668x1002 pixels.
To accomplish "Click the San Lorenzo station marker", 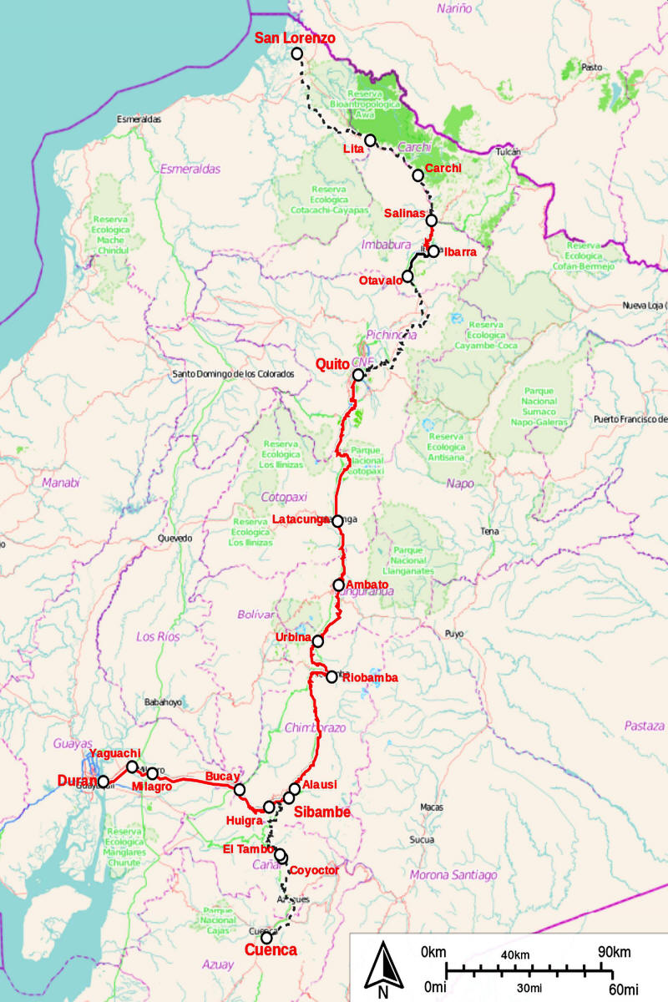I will pyautogui.click(x=297, y=53).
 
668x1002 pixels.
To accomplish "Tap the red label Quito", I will pyautogui.click(x=333, y=364).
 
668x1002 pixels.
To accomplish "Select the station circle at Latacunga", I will pyautogui.click(x=337, y=521).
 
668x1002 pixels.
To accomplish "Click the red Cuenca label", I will pyautogui.click(x=270, y=950).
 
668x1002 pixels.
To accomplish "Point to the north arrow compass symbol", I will pyautogui.click(x=382, y=969).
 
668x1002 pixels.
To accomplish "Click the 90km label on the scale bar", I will pyautogui.click(x=615, y=953).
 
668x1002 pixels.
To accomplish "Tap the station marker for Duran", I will pyautogui.click(x=104, y=782).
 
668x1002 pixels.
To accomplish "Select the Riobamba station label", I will pyautogui.click(x=369, y=678).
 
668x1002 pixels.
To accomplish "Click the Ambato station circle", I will pyautogui.click(x=338, y=584).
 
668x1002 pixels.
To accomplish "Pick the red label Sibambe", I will pyautogui.click(x=324, y=812).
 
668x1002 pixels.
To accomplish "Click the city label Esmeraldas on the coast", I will pyautogui.click(x=139, y=119).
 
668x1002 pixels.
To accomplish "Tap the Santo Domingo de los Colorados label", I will pyautogui.click(x=233, y=374).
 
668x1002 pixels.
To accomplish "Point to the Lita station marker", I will pyautogui.click(x=370, y=139).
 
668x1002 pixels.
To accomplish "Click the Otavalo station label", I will pyautogui.click(x=382, y=281).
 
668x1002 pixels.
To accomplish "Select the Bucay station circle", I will pyautogui.click(x=240, y=789).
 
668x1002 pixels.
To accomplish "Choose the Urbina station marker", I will pyautogui.click(x=317, y=641).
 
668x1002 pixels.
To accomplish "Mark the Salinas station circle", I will pyautogui.click(x=432, y=220).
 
